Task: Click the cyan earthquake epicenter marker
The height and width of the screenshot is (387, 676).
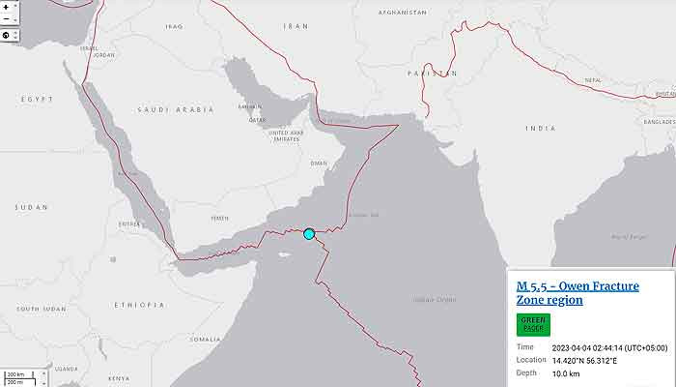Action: (x=309, y=233)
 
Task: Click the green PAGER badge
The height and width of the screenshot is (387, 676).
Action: (x=533, y=324)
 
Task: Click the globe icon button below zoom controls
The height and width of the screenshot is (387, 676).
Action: (x=7, y=36)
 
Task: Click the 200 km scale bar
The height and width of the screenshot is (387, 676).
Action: (x=15, y=373)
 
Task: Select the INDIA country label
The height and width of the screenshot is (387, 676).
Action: (x=540, y=128)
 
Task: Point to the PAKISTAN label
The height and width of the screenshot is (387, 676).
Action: (x=432, y=74)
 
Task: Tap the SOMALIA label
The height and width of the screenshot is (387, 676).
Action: (x=205, y=339)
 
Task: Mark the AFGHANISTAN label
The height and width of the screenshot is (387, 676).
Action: (x=402, y=13)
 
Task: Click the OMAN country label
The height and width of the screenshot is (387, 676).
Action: (x=319, y=163)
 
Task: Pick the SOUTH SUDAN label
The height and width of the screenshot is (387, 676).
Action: (x=41, y=309)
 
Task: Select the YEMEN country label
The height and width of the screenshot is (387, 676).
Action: (x=220, y=218)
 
